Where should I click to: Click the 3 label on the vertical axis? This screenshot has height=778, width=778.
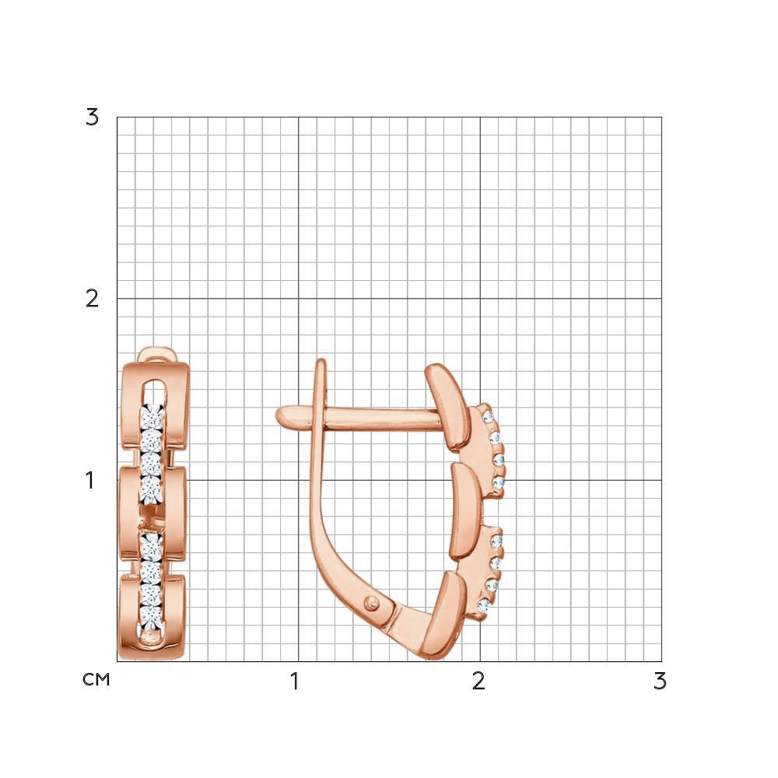tap(93, 117)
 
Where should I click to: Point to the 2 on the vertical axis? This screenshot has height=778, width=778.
tap(93, 299)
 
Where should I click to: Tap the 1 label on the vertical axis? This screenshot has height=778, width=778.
tap(89, 480)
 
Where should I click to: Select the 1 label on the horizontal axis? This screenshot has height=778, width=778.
tap(295, 682)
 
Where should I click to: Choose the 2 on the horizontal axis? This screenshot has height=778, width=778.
tap(478, 682)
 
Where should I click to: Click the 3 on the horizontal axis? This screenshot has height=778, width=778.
tap(660, 682)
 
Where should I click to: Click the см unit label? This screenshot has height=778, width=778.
tap(96, 679)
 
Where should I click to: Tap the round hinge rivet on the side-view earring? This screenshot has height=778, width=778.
tap(371, 604)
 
